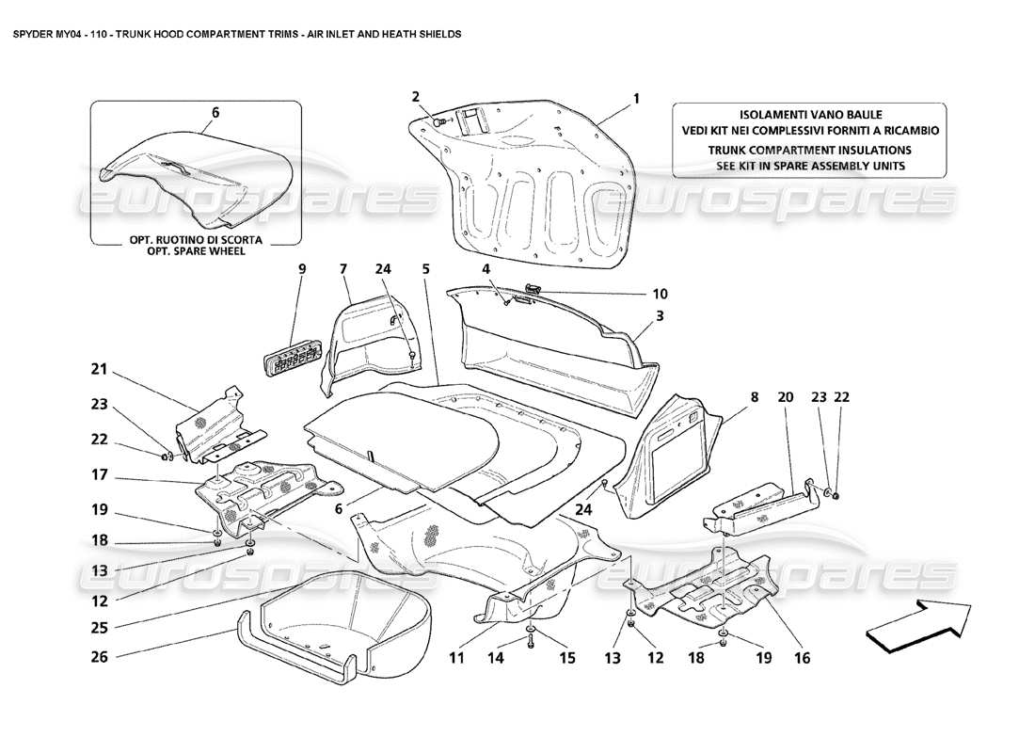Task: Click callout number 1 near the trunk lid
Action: (x=636, y=97)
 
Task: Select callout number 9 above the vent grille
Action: (x=302, y=269)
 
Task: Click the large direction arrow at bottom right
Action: (x=917, y=623)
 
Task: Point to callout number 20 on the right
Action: (x=787, y=398)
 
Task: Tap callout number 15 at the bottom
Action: (x=566, y=659)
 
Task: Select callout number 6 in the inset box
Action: (x=215, y=112)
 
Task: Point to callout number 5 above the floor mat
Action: (x=425, y=269)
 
